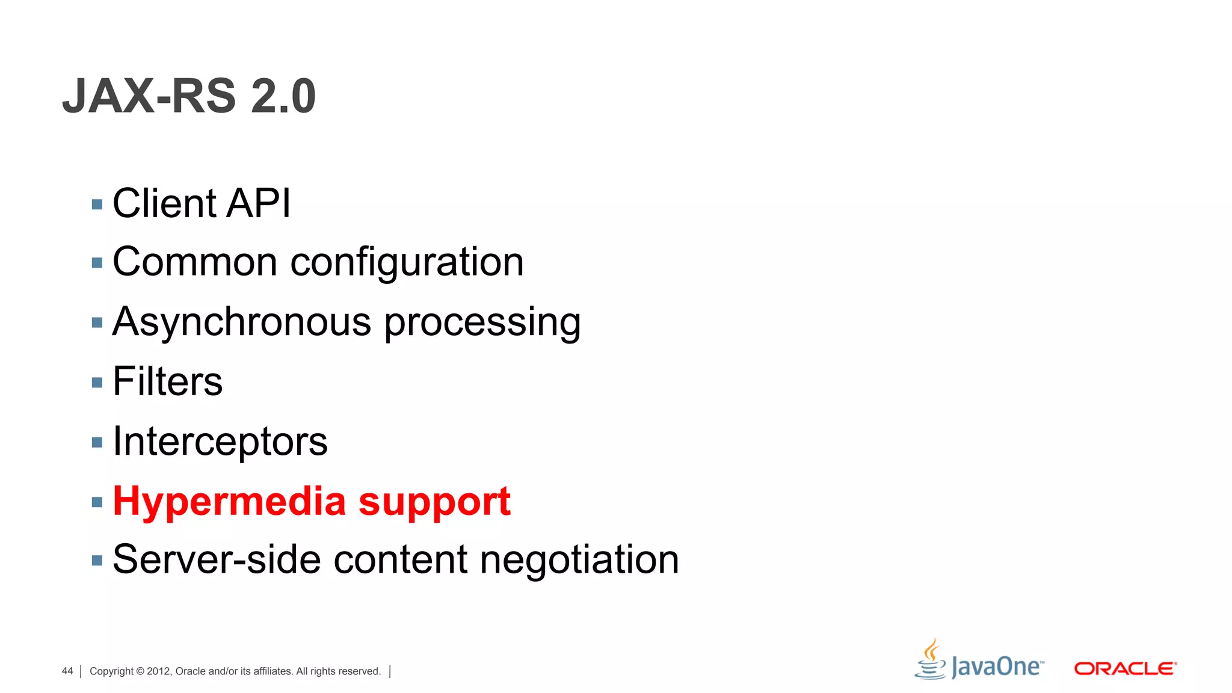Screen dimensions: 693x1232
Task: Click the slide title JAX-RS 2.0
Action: point(189,96)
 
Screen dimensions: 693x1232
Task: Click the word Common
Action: point(195,262)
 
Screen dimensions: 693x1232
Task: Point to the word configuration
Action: point(407,263)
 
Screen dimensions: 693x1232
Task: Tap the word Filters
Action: point(167,381)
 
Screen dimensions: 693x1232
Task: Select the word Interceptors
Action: point(220,442)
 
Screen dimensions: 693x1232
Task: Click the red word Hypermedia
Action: point(229,502)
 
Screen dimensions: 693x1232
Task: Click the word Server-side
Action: point(217,559)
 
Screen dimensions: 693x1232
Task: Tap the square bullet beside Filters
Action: point(97,383)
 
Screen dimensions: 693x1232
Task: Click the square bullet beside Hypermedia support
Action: point(97,502)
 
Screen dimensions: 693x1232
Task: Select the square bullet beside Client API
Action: point(97,205)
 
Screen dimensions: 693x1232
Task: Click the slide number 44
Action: point(67,671)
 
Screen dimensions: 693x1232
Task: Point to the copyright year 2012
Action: point(159,671)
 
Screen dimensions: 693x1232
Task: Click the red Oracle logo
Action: point(1125,669)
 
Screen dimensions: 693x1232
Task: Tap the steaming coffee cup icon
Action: point(931,659)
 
